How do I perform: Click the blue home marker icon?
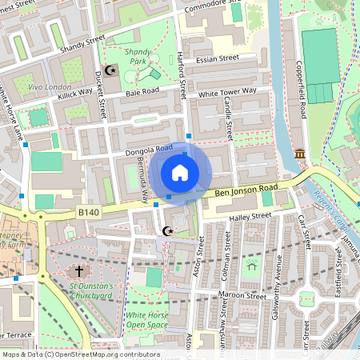(x=180, y=173)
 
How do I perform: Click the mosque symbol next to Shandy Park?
(x=111, y=70)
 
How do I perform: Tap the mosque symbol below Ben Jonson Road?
(x=167, y=231)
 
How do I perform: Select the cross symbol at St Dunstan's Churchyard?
(x=79, y=272)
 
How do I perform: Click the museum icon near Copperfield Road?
(x=300, y=153)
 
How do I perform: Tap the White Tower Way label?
(x=227, y=94)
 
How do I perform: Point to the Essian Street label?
(x=218, y=58)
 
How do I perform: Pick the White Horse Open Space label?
(x=148, y=321)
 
